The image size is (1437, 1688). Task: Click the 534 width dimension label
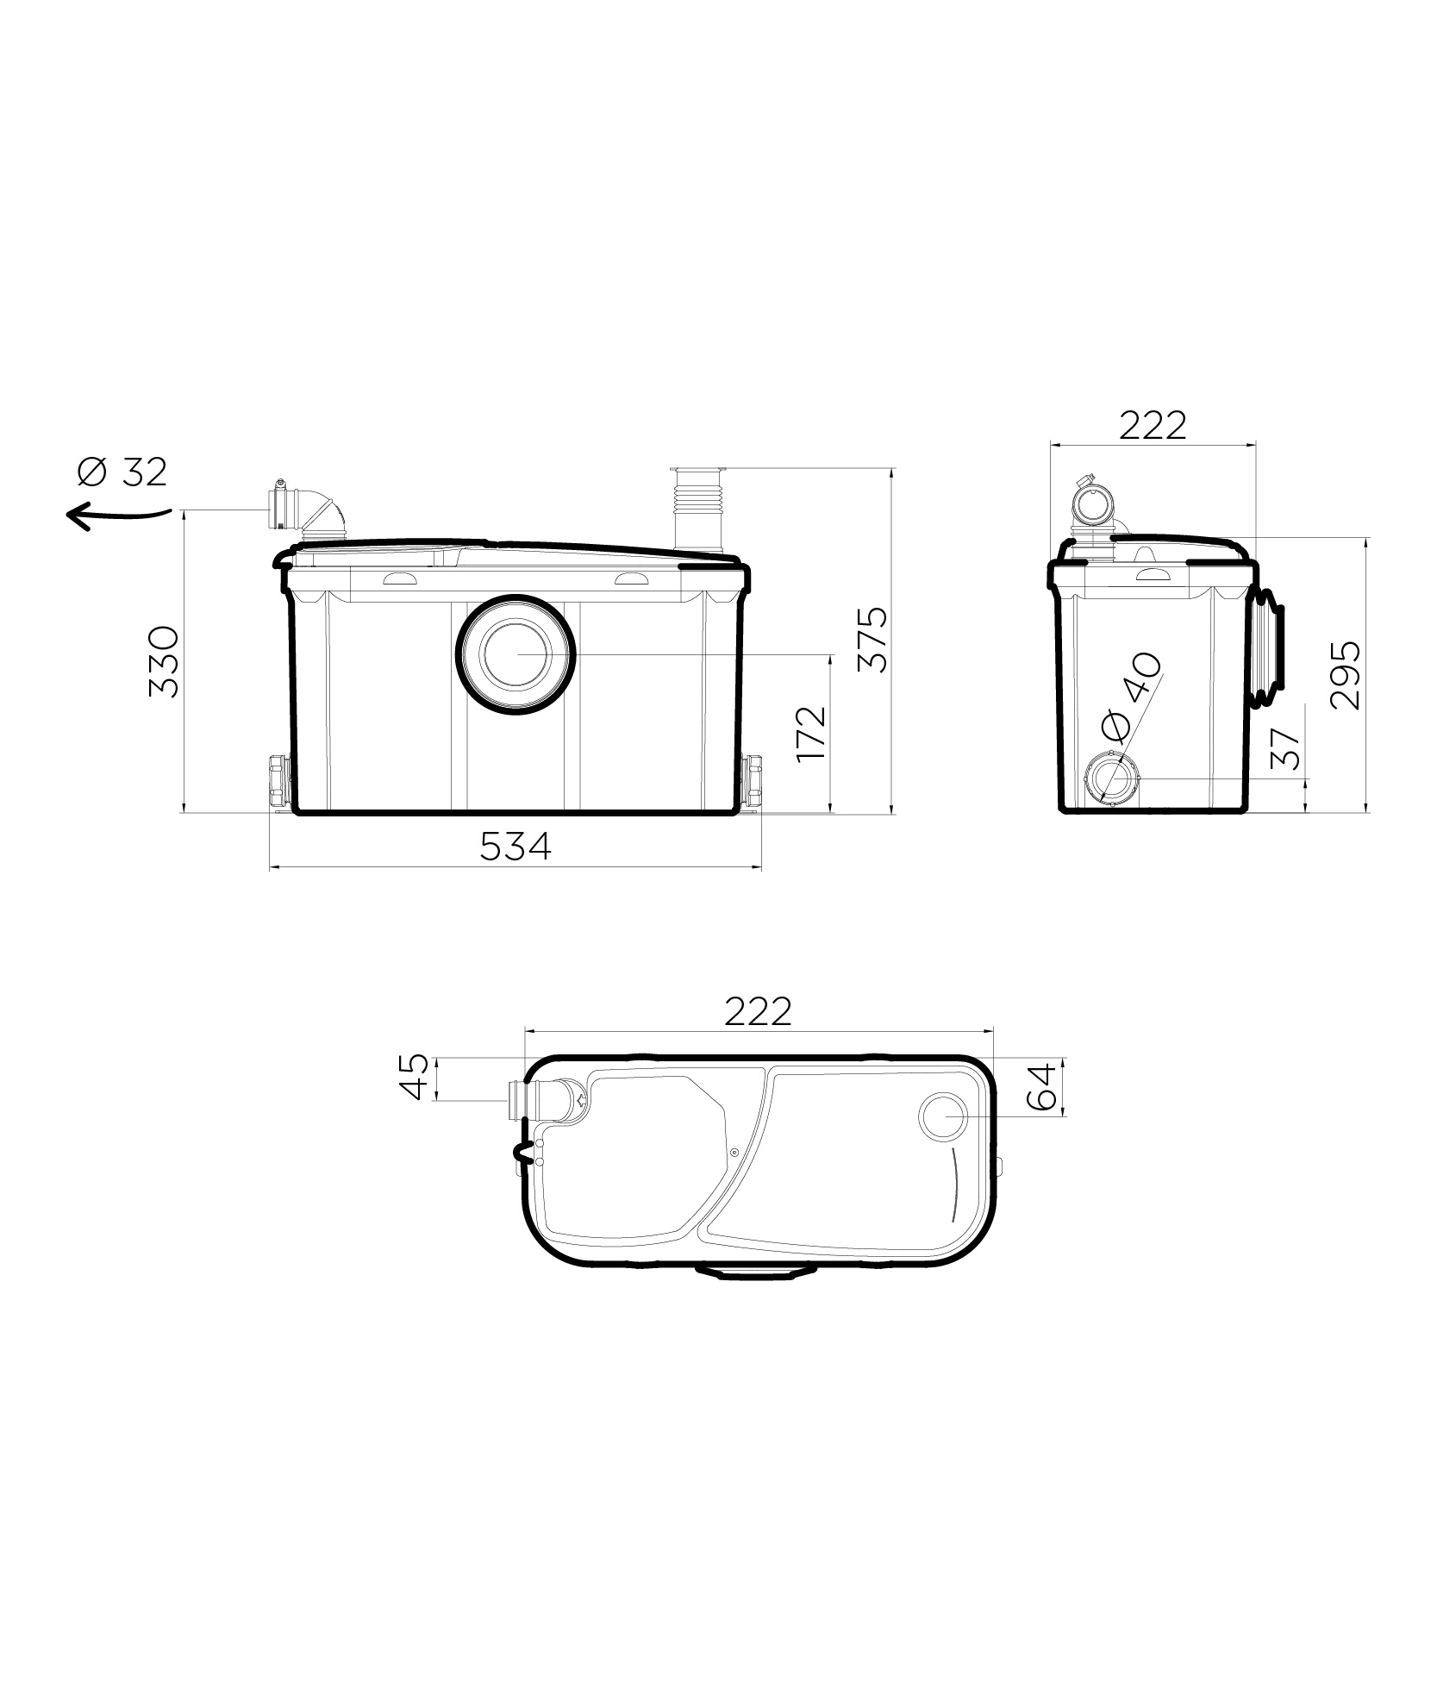pyautogui.click(x=515, y=847)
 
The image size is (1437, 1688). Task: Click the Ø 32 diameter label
pyautogui.click(x=122, y=472)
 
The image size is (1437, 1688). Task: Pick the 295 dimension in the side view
pyautogui.click(x=1345, y=674)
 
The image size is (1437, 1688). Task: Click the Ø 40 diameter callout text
pyautogui.click(x=1132, y=698)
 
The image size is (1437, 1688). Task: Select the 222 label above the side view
pyautogui.click(x=1153, y=425)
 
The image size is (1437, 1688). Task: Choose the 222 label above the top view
pyautogui.click(x=758, y=1011)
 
